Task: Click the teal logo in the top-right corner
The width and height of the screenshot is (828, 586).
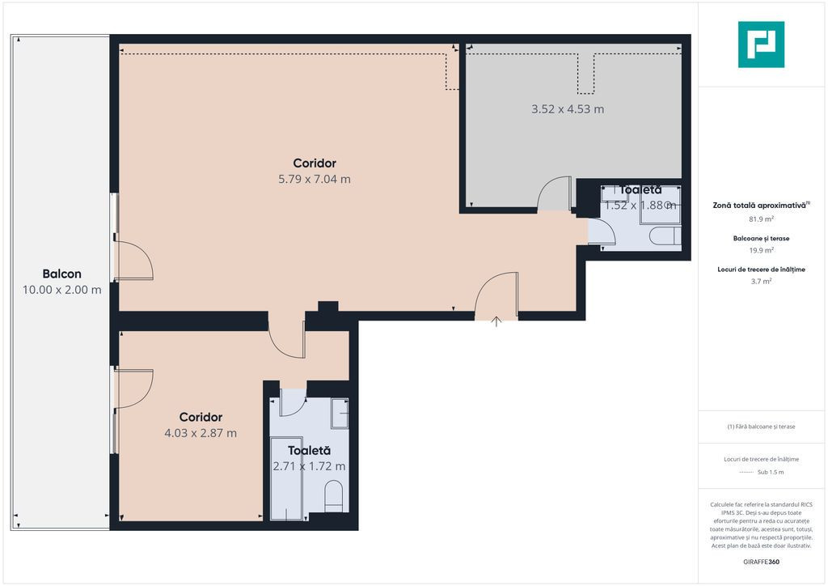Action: pos(761,45)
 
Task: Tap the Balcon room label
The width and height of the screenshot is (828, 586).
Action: pos(61,274)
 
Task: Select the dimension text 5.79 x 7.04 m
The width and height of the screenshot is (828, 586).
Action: pos(315,179)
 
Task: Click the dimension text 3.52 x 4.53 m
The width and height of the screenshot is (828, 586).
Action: pos(568,108)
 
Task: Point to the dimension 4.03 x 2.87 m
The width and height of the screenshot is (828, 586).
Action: pos(201,433)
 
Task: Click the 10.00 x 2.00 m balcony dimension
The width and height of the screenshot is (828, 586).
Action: pos(61,290)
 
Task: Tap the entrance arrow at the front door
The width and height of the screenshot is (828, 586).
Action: pos(496,321)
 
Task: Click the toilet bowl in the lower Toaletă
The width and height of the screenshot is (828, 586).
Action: pos(334,496)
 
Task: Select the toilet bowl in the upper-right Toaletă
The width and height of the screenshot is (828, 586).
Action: pos(665,236)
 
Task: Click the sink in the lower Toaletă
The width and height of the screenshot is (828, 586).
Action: pos(340,414)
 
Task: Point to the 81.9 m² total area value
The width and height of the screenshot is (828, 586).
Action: pos(761,219)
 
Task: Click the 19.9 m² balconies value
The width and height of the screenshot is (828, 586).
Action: pos(761,250)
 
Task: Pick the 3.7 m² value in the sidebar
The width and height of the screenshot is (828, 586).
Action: pos(761,281)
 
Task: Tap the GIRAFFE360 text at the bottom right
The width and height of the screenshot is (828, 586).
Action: pos(761,562)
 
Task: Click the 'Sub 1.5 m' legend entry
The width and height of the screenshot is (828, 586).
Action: pos(771,472)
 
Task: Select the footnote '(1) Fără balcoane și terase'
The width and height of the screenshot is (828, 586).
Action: pos(761,427)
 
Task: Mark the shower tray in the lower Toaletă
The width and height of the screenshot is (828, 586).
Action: pos(286,478)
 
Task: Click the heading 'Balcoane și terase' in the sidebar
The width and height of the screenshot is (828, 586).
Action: pos(761,238)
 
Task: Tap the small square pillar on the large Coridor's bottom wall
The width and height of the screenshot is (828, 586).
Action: pos(328,307)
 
